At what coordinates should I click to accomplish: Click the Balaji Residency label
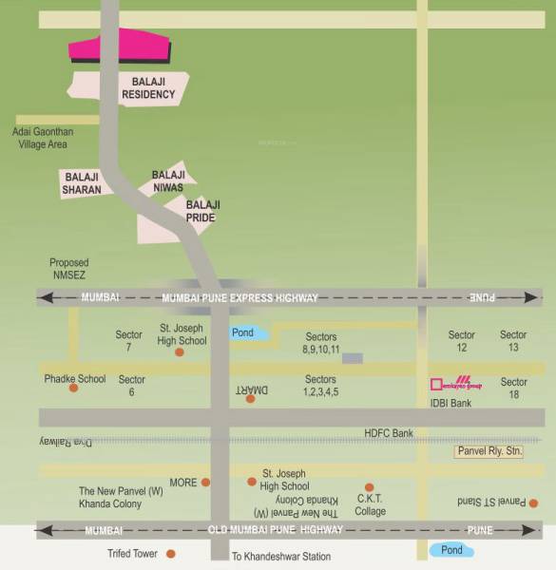click(x=148, y=88)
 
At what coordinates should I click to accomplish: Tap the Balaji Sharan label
click(x=81, y=182)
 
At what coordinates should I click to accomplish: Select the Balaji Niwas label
click(x=168, y=180)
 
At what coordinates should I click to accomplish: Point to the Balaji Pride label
click(x=201, y=211)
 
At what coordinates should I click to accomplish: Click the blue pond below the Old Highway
click(x=451, y=549)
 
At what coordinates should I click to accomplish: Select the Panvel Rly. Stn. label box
click(x=489, y=451)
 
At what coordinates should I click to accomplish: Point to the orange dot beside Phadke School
click(x=73, y=388)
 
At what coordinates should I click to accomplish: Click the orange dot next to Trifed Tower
click(x=171, y=553)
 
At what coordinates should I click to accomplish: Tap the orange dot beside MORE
click(x=205, y=483)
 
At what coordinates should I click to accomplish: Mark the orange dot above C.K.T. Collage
click(x=370, y=487)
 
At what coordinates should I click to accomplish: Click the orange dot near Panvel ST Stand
click(x=534, y=503)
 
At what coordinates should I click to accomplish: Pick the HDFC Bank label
click(x=389, y=433)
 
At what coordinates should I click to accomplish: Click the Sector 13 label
click(x=513, y=341)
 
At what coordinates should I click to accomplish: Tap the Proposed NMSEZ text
click(x=69, y=269)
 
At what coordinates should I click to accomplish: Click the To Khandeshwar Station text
click(x=281, y=556)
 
